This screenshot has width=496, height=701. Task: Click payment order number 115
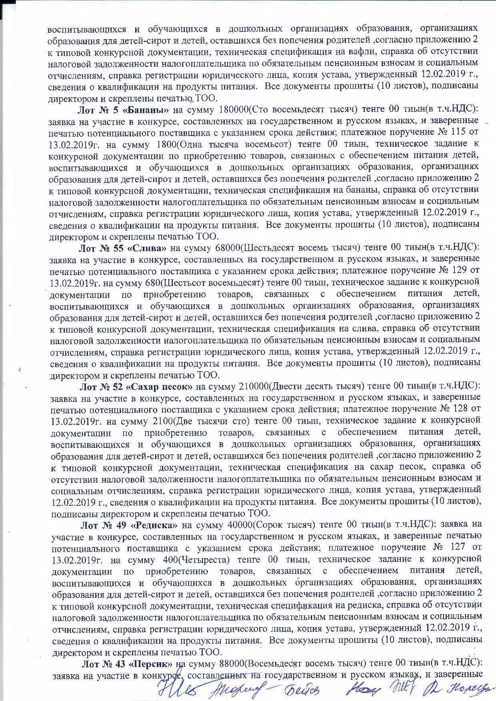tap(456, 132)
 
